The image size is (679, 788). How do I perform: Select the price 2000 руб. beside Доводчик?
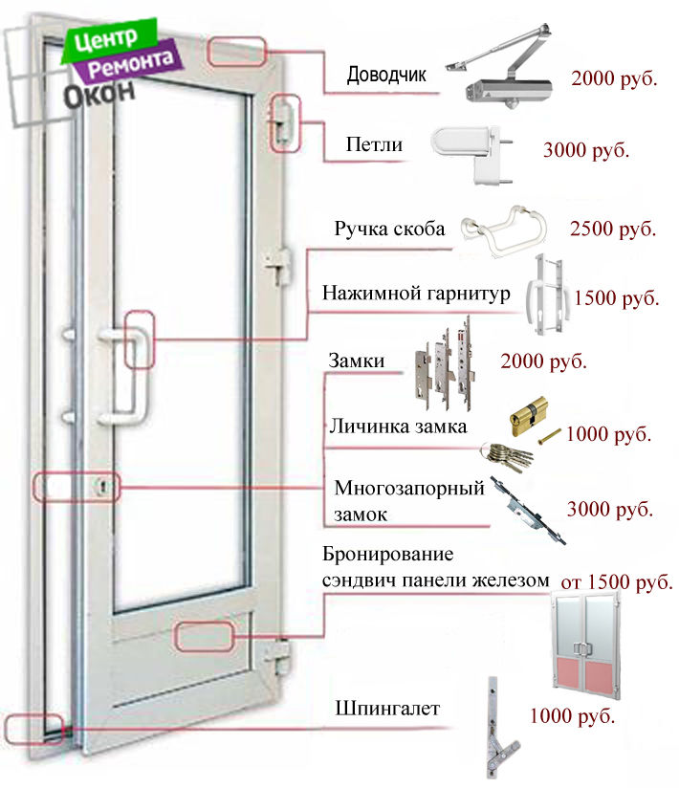coord(614,78)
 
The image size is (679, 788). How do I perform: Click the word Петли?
coord(374,145)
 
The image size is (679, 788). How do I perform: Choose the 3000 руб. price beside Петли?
coord(585,151)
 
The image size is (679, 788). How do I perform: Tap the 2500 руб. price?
coord(613,230)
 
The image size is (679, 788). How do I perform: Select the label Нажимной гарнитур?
coord(416,294)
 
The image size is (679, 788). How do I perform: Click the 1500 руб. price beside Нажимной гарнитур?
coord(617,298)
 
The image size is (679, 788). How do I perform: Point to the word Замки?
coord(357,361)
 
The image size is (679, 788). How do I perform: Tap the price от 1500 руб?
coord(616,581)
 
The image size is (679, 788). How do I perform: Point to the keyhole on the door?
coord(99,488)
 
